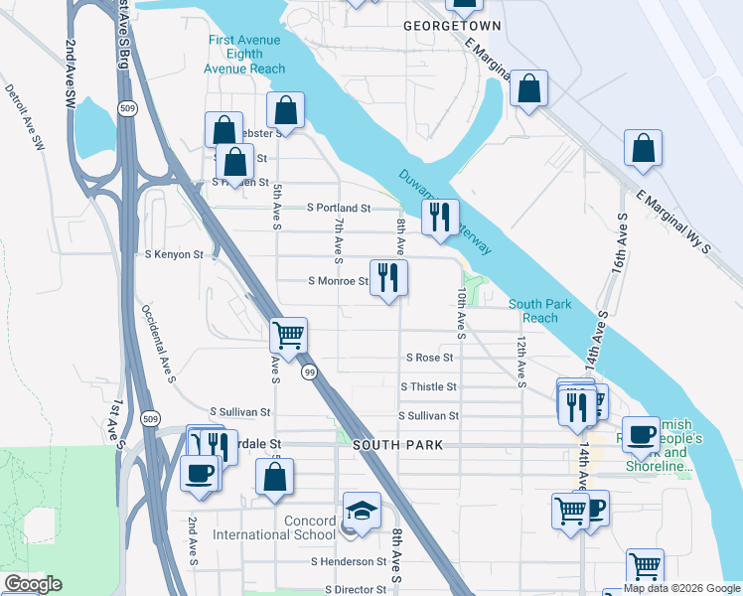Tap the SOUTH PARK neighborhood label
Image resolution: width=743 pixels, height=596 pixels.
395,446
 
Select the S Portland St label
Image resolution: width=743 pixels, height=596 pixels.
338,209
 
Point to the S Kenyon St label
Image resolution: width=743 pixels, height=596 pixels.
174,255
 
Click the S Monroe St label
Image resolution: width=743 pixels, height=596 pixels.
338,281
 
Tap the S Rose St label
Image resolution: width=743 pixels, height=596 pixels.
430,358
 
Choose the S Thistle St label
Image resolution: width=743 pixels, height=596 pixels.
428,386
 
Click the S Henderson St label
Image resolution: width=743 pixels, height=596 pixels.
348,562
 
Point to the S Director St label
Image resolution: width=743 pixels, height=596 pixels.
348,589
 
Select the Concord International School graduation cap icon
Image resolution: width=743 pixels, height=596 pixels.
362,512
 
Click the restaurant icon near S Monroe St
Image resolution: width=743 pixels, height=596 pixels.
387,277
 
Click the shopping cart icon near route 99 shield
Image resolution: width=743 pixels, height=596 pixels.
288,335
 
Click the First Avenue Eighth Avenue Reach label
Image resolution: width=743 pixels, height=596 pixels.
244,55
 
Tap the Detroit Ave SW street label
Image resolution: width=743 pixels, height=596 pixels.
26,117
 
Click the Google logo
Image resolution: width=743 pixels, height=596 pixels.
33,584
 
